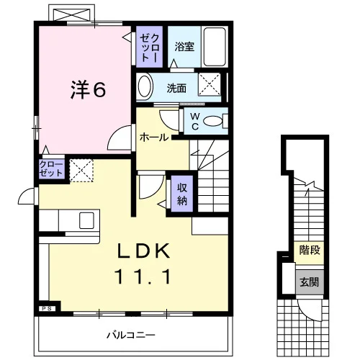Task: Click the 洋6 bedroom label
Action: coord(88,90)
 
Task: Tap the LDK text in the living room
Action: coord(143,251)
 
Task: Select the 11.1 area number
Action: coord(143,276)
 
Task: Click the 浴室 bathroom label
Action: coord(184,47)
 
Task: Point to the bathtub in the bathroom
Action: coord(215,47)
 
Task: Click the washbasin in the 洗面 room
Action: coord(145,86)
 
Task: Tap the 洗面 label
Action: coord(176,89)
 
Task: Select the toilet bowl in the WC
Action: coord(213,121)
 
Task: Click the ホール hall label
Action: coord(154,138)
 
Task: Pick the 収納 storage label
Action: coord(182,194)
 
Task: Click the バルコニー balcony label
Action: coord(131,335)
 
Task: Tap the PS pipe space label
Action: coord(48,309)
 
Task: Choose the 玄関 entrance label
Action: coord(310,282)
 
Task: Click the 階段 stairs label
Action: coord(310,251)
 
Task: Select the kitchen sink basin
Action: coord(86,220)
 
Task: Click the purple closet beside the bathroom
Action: coord(149,47)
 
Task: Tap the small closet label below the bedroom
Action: coord(51,168)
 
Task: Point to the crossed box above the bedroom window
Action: coord(71,14)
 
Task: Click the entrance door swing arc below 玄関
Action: coord(310,312)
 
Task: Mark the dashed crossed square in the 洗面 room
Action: coord(210,84)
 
